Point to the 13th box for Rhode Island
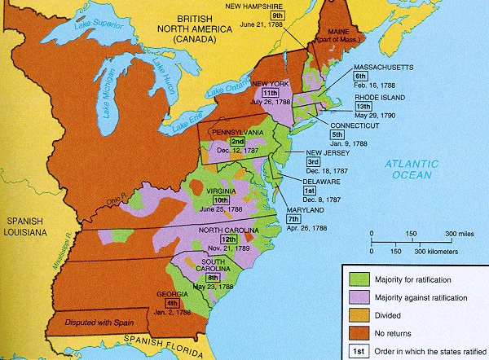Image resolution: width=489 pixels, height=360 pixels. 363,104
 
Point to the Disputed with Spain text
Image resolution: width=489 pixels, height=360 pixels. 90,318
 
